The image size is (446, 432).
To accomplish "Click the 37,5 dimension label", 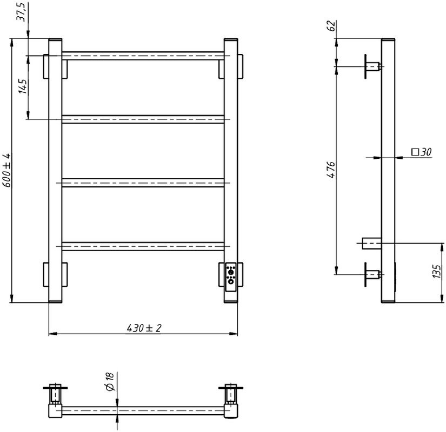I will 22,11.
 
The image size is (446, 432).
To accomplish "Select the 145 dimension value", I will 22,86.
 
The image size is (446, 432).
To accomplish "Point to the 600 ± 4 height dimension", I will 7,171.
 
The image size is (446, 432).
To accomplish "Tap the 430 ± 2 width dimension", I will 144,328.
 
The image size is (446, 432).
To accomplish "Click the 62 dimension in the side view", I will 331,25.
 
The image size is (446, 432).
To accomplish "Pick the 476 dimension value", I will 331,170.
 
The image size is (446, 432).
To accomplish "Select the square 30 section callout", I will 421,152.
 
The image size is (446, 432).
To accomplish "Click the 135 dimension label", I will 437,272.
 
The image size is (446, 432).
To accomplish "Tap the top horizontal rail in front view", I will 143,56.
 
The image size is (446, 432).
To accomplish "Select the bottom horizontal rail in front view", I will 143,246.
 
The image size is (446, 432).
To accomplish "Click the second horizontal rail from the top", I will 143,119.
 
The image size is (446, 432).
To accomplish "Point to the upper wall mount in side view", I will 372,66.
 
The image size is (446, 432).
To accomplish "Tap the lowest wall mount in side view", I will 372,274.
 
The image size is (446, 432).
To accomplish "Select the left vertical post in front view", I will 56,171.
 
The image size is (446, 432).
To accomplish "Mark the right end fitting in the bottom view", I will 231,400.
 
